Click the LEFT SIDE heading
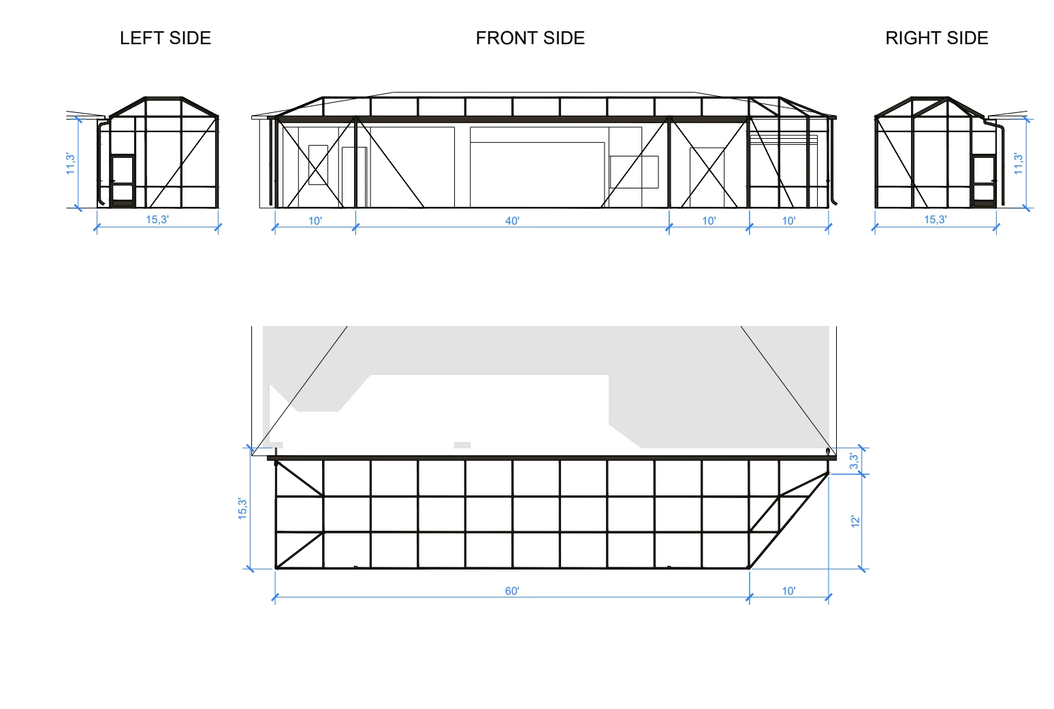(165, 38)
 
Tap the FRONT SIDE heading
(530, 38)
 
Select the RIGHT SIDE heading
(936, 38)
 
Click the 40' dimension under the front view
(512, 220)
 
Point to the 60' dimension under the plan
(512, 591)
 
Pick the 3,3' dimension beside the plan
(854, 461)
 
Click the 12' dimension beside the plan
(855, 521)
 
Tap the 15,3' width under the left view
(157, 220)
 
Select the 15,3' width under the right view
(936, 220)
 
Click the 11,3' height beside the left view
(70, 163)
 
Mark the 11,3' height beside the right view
(1018, 163)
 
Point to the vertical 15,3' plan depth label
(242, 508)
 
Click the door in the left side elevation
(123, 181)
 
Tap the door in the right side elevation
(984, 181)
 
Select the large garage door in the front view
(537, 174)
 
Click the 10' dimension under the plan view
(788, 591)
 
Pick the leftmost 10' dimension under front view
(315, 220)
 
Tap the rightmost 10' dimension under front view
(788, 220)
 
